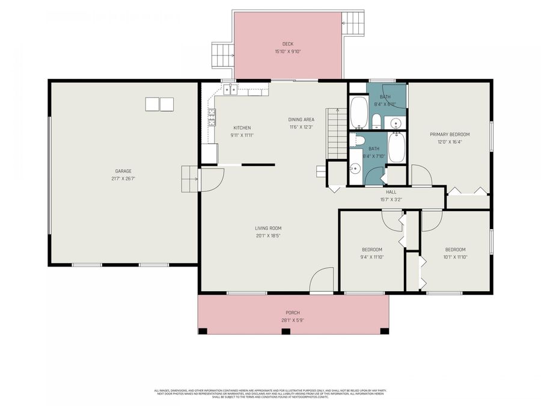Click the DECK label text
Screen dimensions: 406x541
point(287,44)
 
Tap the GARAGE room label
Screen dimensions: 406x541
point(123,171)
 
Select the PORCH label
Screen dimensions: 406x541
point(293,312)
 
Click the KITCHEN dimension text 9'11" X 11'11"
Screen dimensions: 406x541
point(242,135)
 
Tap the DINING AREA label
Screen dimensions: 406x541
point(302,120)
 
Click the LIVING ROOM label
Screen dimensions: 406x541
point(268,228)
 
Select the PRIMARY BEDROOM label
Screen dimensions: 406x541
point(450,134)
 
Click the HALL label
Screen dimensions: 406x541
point(391,192)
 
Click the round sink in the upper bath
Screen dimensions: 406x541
point(396,123)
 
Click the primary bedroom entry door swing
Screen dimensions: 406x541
point(421,176)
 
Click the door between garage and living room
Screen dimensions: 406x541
point(210,179)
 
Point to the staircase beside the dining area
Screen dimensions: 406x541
point(337,134)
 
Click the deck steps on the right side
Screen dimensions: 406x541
point(353,23)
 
